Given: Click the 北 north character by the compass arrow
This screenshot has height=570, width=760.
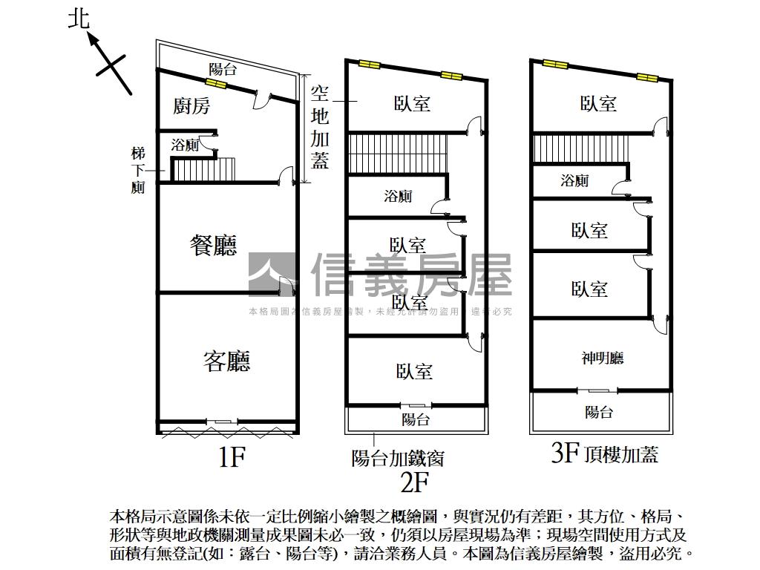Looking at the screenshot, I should pyautogui.click(x=79, y=19).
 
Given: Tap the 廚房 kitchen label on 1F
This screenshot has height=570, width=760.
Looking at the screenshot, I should pyautogui.click(x=191, y=106).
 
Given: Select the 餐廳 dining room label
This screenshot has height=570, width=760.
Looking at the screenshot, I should pyautogui.click(x=213, y=245).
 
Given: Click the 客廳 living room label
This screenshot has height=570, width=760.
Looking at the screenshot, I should pyautogui.click(x=226, y=361).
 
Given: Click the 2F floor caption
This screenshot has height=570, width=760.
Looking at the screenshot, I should pyautogui.click(x=416, y=483).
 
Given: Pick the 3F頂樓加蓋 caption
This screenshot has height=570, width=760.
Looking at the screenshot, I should pyautogui.click(x=605, y=453).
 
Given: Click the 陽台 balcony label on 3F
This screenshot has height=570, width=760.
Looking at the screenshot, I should pyautogui.click(x=599, y=412).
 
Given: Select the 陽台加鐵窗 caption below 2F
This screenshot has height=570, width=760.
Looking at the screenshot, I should pyautogui.click(x=398, y=458).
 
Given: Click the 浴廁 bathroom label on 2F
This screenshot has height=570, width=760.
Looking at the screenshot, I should pyautogui.click(x=398, y=197).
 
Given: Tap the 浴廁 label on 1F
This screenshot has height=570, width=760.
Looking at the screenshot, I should pyautogui.click(x=185, y=145).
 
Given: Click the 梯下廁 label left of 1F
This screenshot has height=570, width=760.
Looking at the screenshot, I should pyautogui.click(x=138, y=170).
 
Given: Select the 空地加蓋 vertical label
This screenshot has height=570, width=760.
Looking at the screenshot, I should pyautogui.click(x=320, y=126).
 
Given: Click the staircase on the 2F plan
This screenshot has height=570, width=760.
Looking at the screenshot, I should pyautogui.click(x=396, y=152).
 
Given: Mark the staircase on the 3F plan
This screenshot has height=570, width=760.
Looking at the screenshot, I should pyautogui.click(x=580, y=147).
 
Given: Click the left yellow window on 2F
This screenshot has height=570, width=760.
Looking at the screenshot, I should pyautogui.click(x=370, y=65).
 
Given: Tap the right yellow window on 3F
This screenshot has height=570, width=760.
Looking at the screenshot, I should pyautogui.click(x=646, y=76).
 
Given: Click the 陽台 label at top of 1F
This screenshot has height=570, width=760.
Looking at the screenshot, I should pyautogui.click(x=223, y=70).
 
